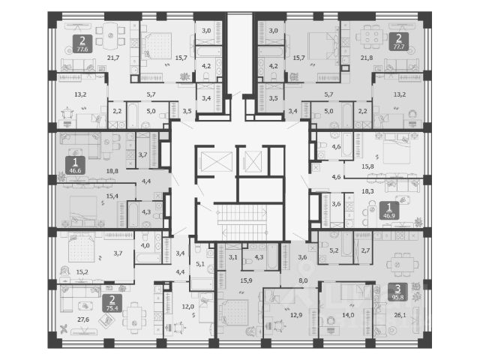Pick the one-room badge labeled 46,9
point(389,211)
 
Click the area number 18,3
point(367,192)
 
